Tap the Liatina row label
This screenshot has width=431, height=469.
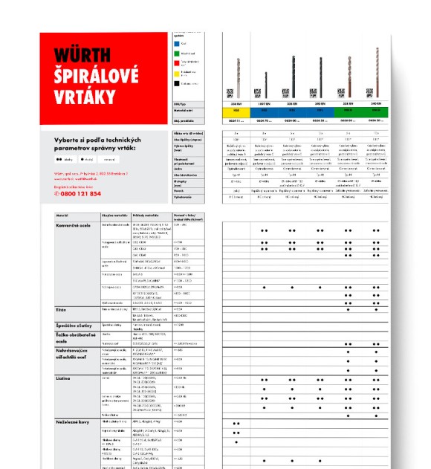65,378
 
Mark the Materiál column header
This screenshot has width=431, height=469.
62,213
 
